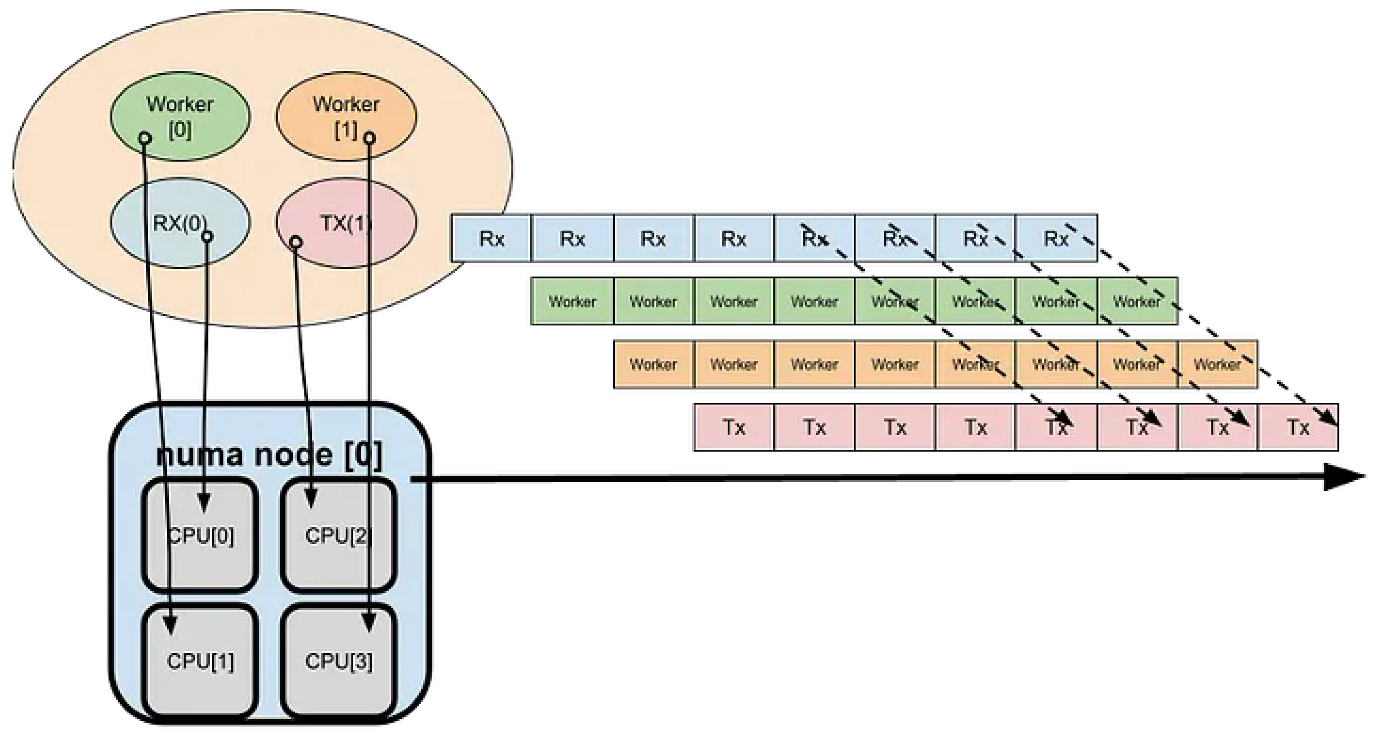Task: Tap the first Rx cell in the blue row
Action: click(491, 239)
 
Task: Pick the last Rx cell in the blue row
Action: click(1056, 239)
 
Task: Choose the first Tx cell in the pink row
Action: click(733, 427)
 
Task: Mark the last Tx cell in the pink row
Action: click(1298, 427)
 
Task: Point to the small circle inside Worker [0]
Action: click(144, 138)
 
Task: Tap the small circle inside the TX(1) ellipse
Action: click(296, 242)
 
